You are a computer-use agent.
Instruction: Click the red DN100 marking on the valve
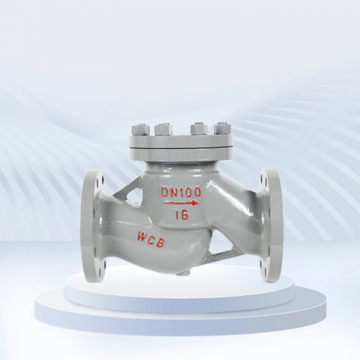click(x=181, y=192)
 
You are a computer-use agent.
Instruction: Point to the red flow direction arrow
click(x=181, y=203)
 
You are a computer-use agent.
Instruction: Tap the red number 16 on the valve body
click(x=181, y=215)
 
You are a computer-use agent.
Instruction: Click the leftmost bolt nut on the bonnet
click(x=140, y=130)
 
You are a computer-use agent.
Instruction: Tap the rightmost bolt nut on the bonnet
click(x=222, y=129)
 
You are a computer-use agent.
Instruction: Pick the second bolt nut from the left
click(x=163, y=129)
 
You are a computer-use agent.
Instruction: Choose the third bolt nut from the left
click(x=199, y=129)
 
